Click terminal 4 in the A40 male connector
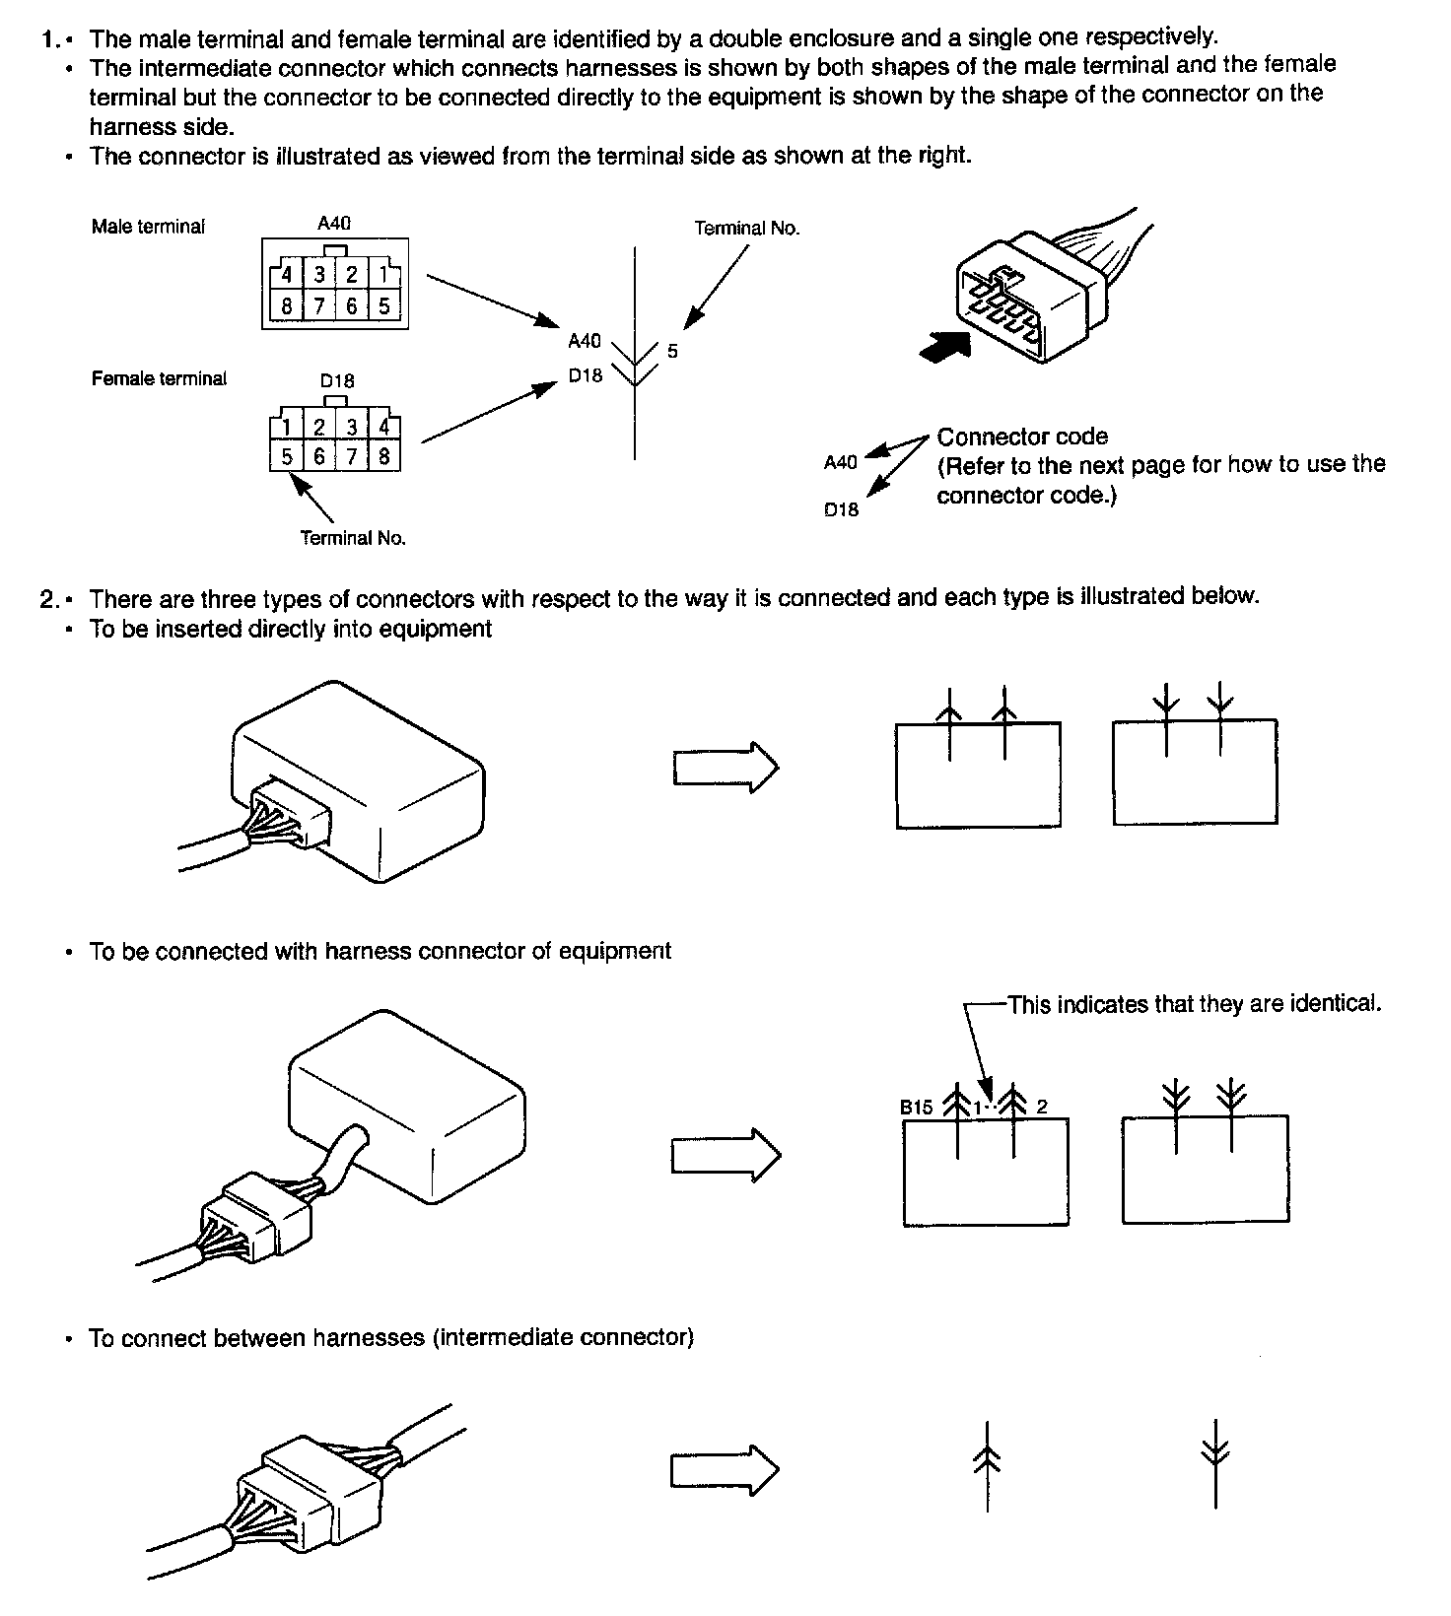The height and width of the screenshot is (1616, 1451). [287, 275]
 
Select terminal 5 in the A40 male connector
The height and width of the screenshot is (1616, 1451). [383, 305]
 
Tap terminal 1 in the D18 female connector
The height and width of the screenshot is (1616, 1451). [286, 427]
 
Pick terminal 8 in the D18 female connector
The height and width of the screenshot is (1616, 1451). [383, 456]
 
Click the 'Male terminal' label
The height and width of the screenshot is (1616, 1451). [148, 227]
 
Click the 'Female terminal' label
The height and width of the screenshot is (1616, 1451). [159, 378]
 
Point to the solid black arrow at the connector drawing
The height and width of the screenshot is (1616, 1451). [943, 346]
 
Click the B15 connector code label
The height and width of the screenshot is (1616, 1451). [916, 1107]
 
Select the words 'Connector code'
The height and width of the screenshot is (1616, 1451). [1022, 437]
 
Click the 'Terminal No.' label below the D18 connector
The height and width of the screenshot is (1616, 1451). [353, 538]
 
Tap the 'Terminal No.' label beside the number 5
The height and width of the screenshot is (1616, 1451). [747, 229]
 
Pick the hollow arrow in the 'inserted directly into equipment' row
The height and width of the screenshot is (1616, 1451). [725, 767]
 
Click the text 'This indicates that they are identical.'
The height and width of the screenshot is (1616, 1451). [1194, 1004]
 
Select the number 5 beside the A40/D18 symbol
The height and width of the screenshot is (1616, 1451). [672, 352]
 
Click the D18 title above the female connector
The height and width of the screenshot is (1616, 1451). [337, 381]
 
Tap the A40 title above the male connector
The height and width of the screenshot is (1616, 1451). [334, 224]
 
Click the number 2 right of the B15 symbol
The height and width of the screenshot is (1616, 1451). [1041, 1107]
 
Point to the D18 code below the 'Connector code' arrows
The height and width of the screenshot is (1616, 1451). [841, 509]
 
